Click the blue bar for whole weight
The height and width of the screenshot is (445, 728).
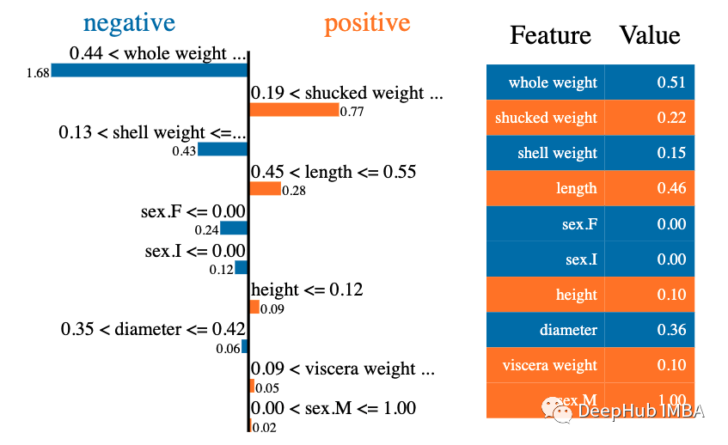(149, 70)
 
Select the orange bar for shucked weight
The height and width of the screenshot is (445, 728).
(294, 110)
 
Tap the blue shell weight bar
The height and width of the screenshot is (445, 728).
(223, 149)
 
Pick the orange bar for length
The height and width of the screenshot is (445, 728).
(265, 189)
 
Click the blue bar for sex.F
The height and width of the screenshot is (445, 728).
(234, 229)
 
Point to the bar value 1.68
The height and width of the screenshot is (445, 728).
(38, 73)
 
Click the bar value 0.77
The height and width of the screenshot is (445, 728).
(352, 112)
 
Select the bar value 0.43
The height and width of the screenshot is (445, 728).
(185, 151)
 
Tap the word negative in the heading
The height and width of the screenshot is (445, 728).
(129, 22)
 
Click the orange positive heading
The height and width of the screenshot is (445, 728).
(367, 22)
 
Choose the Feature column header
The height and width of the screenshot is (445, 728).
(550, 35)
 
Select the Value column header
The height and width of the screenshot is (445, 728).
(650, 35)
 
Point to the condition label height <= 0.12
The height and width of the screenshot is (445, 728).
(307, 290)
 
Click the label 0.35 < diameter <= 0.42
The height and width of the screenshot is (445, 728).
(154, 329)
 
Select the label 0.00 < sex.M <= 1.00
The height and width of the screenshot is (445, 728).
(333, 408)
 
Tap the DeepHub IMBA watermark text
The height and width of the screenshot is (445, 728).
(640, 411)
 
